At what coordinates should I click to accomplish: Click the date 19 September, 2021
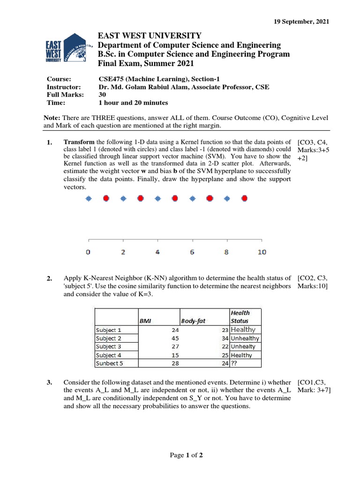click(x=301, y=22)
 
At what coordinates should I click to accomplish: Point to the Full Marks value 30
click(x=102, y=95)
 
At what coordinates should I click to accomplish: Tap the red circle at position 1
click(x=106, y=199)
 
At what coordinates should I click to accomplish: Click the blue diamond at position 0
click(x=89, y=199)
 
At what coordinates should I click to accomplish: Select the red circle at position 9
click(x=244, y=199)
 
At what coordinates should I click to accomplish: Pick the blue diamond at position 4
click(x=157, y=199)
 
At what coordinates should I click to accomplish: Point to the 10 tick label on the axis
click(x=262, y=252)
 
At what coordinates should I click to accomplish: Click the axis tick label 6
click(x=192, y=252)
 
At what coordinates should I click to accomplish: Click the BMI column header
click(x=145, y=321)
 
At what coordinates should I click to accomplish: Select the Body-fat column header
click(x=193, y=321)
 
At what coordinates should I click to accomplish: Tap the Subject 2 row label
click(x=108, y=338)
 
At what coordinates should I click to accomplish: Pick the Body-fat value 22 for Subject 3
click(x=225, y=346)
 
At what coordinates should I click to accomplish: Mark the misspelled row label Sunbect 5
click(x=109, y=363)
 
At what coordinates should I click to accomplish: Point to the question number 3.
click(x=49, y=383)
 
